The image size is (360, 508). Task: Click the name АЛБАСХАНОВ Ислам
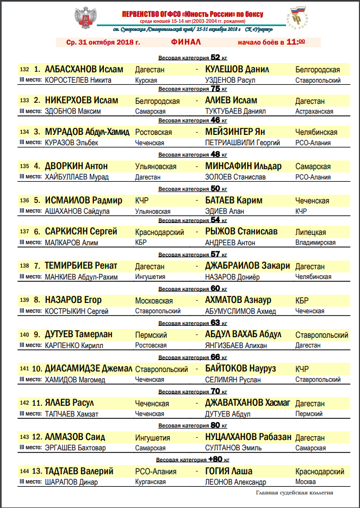[x=84, y=70]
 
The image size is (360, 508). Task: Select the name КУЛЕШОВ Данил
[x=238, y=70]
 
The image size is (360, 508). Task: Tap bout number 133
[x=24, y=101]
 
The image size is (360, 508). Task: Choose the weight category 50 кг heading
[x=193, y=189]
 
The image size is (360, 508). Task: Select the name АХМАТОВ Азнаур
[x=238, y=300]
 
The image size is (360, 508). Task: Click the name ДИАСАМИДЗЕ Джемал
[x=89, y=369]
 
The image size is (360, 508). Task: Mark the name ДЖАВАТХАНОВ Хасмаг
[x=247, y=403]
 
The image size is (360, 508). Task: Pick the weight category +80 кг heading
[x=193, y=460]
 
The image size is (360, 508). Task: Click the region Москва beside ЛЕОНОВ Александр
[x=306, y=482]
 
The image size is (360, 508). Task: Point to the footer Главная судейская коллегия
[x=295, y=493]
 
